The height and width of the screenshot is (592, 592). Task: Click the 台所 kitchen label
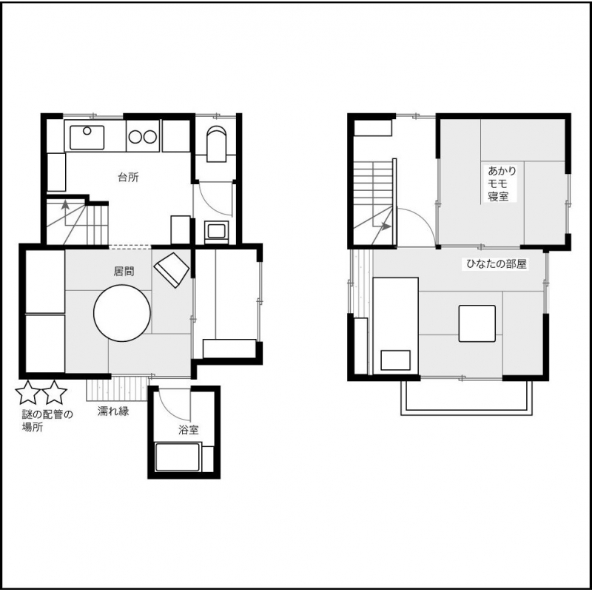tap(128, 177)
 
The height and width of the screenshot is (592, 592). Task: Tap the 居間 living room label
tap(124, 271)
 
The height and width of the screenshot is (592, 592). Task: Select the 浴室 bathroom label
tap(189, 430)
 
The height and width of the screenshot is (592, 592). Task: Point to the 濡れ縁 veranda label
tap(113, 411)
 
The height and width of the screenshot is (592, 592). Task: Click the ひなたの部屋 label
tap(496, 264)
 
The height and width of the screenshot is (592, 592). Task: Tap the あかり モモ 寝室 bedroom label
tap(502, 184)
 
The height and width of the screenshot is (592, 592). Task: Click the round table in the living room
tap(122, 313)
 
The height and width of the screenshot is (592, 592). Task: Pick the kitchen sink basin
tap(87, 138)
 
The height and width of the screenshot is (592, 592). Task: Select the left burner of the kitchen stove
tap(135, 137)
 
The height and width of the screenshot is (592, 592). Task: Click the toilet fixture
tap(216, 144)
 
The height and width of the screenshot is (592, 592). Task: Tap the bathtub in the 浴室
tap(178, 457)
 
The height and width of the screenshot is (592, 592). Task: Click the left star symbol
tap(28, 392)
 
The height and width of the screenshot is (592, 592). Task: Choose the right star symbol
tap(55, 392)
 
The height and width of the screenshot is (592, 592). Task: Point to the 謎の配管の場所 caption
tap(47, 421)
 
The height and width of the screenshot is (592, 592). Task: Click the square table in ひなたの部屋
tap(477, 323)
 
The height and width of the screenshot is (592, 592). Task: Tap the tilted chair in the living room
tap(172, 270)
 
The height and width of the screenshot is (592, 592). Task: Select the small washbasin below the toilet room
tap(216, 230)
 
